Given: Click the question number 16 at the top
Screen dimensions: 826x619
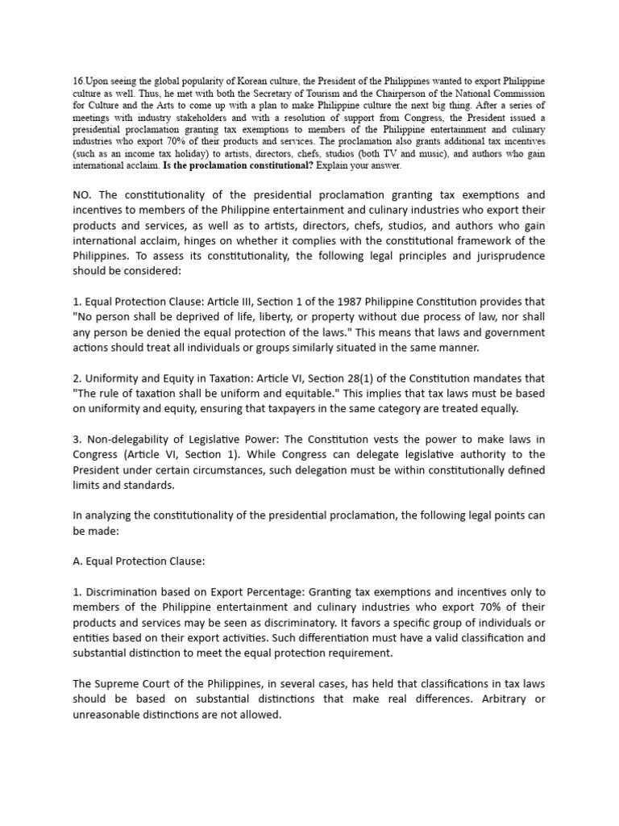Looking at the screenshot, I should (78, 82).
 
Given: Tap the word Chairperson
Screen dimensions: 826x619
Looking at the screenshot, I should (373, 94).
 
